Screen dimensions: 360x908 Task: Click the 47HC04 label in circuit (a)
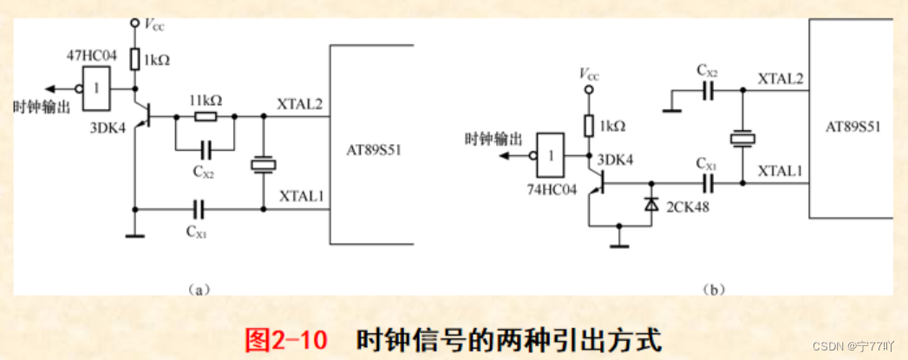[92, 56]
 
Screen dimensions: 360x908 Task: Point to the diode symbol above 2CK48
[650, 203]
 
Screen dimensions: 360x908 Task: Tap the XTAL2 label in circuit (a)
[299, 105]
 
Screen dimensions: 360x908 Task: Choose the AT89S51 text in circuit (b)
[852, 126]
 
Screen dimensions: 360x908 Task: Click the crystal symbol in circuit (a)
[263, 164]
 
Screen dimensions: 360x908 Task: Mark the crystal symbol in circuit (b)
[743, 138]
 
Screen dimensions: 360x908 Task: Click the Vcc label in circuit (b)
[591, 75]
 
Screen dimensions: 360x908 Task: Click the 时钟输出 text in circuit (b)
[493, 138]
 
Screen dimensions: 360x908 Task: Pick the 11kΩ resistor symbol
[206, 115]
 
